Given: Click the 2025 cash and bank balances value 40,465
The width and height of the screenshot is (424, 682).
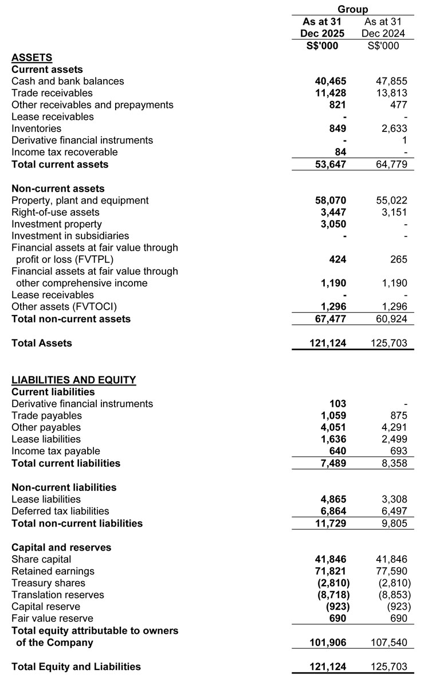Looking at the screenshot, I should click(331, 81).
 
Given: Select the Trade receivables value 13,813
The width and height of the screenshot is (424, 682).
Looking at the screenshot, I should click(391, 93).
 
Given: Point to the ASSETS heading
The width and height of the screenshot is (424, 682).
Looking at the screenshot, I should click(32, 57).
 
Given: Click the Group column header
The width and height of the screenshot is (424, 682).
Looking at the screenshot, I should click(352, 9).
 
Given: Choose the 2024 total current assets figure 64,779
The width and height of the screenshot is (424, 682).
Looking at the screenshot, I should click(391, 164).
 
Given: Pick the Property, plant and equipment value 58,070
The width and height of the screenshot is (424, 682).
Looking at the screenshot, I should click(331, 200).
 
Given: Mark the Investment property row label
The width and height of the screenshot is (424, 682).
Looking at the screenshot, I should click(57, 224).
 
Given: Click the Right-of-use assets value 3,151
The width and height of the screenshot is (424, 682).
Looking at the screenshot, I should click(393, 212).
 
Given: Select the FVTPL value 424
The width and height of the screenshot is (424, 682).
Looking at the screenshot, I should click(337, 259).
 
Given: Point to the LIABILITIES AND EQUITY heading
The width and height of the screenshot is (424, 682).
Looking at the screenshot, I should click(74, 380).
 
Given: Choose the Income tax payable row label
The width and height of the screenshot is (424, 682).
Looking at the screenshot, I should click(56, 451).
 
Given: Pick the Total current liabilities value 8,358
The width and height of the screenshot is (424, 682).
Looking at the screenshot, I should click(393, 463).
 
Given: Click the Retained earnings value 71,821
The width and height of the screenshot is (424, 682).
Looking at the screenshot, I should click(331, 571).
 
